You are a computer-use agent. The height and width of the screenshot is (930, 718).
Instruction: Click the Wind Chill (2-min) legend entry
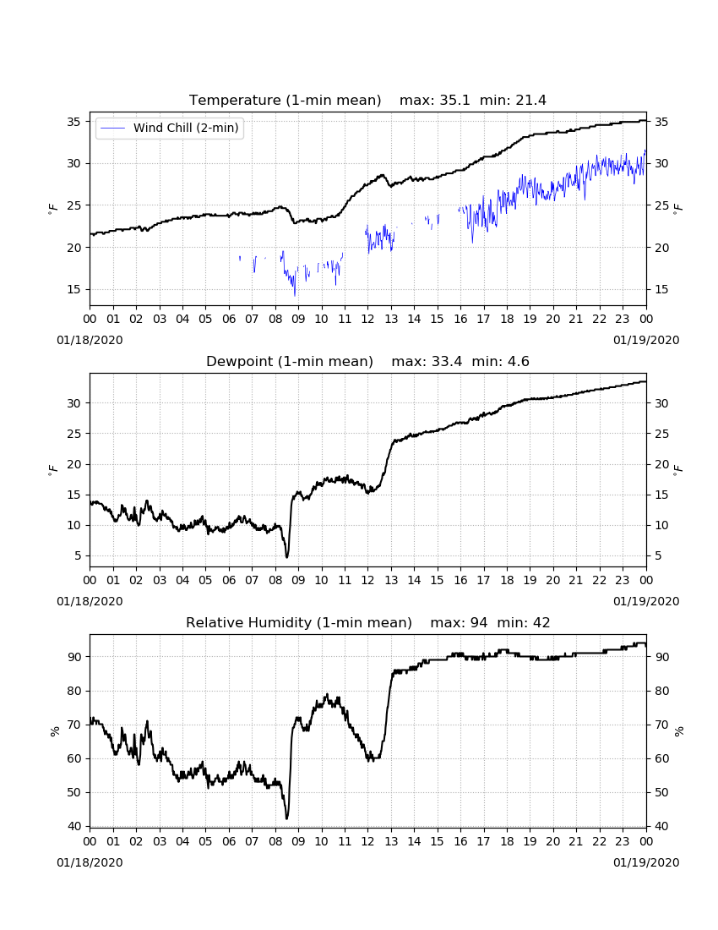pyautogui.click(x=170, y=128)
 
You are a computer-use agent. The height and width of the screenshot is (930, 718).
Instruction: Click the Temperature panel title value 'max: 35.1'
pyautogui.click(x=435, y=101)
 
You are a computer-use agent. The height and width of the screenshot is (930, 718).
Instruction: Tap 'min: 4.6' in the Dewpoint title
pyautogui.click(x=501, y=361)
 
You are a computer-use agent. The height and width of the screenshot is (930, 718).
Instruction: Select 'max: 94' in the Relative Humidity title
pyautogui.click(x=460, y=623)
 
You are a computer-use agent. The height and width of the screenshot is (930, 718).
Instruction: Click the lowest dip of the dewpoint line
pyautogui.click(x=287, y=557)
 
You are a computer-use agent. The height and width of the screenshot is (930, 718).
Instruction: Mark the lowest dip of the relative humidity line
pyautogui.click(x=286, y=818)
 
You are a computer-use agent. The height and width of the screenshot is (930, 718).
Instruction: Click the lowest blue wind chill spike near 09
pyautogui.click(x=295, y=295)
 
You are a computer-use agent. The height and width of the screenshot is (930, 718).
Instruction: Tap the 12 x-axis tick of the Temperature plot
pyautogui.click(x=368, y=319)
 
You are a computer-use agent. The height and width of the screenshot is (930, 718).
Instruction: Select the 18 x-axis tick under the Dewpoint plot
pyautogui.click(x=507, y=580)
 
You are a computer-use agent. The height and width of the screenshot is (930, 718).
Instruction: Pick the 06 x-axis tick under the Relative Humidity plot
pyautogui.click(x=229, y=841)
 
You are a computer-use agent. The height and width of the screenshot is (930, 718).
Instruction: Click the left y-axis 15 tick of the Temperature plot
pyautogui.click(x=73, y=289)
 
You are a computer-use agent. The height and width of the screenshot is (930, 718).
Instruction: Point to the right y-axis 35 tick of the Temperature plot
pyautogui.click(x=661, y=122)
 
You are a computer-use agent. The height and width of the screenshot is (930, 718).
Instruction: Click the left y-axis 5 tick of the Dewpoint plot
pyautogui.click(x=78, y=555)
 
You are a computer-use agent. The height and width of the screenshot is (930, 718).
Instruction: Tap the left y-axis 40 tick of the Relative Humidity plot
pyautogui.click(x=73, y=826)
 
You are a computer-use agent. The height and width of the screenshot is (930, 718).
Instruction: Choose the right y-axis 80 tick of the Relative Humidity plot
pyautogui.click(x=661, y=691)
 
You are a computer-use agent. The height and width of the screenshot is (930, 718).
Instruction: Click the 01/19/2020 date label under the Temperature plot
pyautogui.click(x=646, y=341)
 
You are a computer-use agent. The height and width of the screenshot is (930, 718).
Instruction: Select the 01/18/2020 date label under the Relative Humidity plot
pyautogui.click(x=90, y=862)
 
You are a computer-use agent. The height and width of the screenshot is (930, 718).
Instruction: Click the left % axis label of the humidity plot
pyautogui.click(x=55, y=730)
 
